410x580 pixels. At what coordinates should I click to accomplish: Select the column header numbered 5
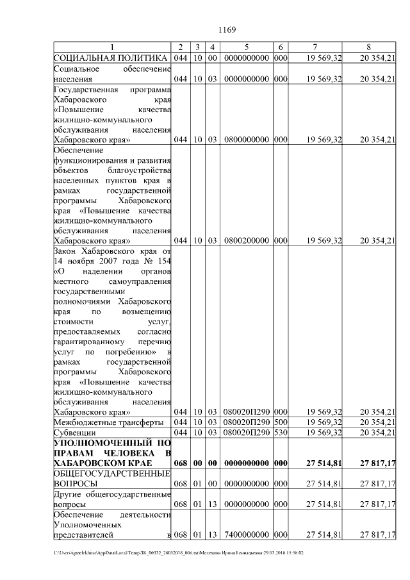(x=246, y=47)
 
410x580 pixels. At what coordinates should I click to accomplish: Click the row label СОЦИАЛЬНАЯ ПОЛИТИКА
(x=111, y=58)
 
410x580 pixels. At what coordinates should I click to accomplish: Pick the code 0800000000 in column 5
(x=246, y=138)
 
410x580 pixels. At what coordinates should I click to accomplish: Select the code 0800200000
(x=246, y=240)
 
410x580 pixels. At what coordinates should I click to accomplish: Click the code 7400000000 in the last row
(x=246, y=534)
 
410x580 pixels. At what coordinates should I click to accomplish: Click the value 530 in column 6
(x=281, y=433)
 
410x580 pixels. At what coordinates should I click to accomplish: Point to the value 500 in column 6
(x=281, y=422)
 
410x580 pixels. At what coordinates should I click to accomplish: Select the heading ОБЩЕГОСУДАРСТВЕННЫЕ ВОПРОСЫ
(x=111, y=477)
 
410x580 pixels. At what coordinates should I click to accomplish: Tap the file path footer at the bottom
(x=179, y=552)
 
